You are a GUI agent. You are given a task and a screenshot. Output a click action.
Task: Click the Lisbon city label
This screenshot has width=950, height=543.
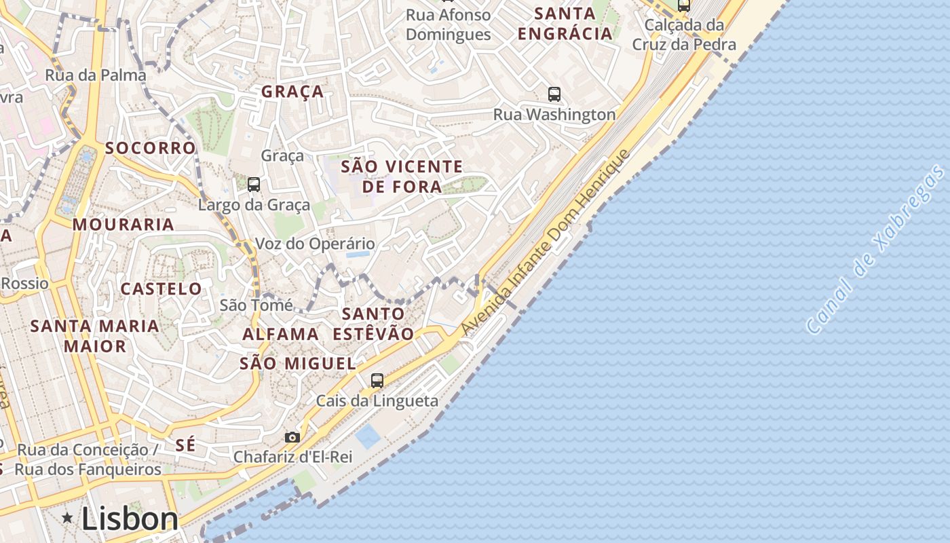130,519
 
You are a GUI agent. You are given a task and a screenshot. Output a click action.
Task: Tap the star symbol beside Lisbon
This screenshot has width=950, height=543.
67,519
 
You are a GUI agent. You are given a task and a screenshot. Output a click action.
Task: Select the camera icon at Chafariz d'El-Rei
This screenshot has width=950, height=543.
292,438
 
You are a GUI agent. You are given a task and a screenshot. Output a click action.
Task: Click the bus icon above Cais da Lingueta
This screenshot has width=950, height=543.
377,381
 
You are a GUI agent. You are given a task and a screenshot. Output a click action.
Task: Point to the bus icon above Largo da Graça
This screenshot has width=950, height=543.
254,184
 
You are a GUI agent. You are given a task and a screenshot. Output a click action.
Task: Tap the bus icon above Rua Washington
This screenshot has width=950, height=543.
554,94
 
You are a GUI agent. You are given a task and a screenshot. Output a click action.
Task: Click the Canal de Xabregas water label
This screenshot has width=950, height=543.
877,250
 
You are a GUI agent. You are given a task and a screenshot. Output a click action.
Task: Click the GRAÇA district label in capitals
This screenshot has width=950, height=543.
292,92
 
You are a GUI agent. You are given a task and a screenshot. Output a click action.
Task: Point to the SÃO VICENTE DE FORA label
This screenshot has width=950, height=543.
402,176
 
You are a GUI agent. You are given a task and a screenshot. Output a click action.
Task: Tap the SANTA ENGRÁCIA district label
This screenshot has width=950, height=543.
565,23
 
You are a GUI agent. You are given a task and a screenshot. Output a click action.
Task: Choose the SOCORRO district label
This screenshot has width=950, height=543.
150,148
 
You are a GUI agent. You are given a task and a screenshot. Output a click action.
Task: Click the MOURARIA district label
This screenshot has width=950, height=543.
123,224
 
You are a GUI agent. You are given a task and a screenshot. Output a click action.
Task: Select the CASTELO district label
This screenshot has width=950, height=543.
161,288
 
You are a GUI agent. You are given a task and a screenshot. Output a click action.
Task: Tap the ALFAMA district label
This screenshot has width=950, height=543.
280,334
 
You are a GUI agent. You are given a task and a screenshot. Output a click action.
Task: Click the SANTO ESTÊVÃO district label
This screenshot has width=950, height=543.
373,324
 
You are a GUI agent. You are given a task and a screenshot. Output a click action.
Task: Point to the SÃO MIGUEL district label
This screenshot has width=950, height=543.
298,363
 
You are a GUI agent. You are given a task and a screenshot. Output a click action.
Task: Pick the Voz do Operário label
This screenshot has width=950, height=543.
315,244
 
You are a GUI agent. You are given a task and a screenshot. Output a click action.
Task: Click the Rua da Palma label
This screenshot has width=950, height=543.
96,75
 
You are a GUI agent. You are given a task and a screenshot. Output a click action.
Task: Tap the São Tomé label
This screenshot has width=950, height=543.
256,305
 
